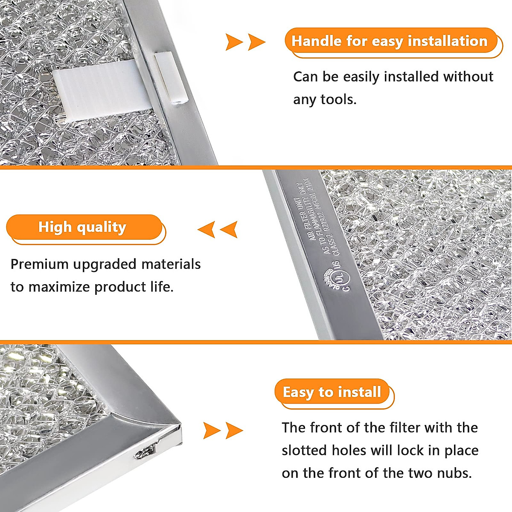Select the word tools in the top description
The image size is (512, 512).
click(x=337, y=99)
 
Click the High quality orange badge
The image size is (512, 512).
click(x=83, y=227)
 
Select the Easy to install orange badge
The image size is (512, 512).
click(x=332, y=392)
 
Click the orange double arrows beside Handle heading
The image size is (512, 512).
click(x=245, y=42)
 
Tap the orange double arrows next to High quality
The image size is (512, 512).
click(x=218, y=230)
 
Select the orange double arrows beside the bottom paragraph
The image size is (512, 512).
click(x=223, y=430)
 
